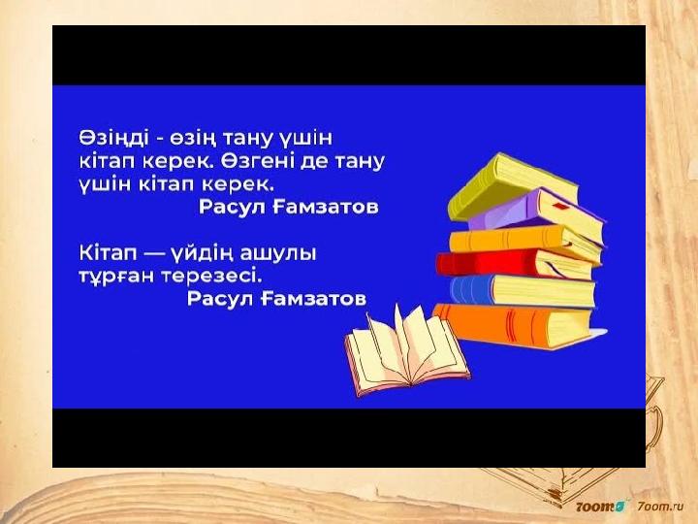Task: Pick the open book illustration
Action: (x=407, y=344)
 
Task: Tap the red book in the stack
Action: (x=514, y=263)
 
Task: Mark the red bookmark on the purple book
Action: (x=561, y=207)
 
